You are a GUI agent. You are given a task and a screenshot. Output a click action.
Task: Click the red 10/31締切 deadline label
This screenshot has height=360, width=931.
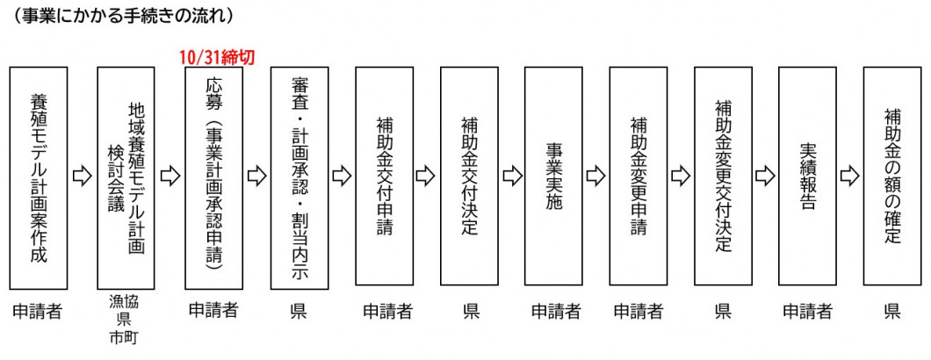pos(216,57)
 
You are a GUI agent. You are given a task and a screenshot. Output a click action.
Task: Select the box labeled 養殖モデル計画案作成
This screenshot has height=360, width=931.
pos(39,176)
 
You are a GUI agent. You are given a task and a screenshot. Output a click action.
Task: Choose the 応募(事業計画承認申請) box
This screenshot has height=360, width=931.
pos(214,176)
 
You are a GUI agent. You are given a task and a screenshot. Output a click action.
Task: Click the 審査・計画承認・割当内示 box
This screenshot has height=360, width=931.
pos(300,176)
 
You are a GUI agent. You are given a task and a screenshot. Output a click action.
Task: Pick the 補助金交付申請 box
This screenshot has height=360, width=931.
pos(385,176)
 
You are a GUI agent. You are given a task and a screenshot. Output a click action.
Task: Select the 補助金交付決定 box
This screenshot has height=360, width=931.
pos(469,176)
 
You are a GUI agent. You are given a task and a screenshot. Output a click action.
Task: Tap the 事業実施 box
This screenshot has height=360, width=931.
pos(553,176)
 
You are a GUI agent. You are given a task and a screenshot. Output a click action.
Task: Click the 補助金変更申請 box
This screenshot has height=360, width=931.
pos(639,176)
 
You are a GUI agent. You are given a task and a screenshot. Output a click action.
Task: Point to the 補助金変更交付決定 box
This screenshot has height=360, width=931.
pos(723,176)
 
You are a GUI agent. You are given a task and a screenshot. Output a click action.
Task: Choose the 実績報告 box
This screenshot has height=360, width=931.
pos(808,176)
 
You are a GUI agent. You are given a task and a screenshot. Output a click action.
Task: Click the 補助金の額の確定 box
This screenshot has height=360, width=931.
pos(892,176)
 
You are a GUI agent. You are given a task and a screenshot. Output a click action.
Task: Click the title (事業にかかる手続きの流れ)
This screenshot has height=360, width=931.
pos(118,15)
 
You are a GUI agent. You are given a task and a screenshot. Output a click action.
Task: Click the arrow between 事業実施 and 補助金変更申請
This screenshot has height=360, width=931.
pos(596,176)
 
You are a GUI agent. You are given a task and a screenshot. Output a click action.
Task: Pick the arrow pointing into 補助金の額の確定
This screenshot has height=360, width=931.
pos(850,176)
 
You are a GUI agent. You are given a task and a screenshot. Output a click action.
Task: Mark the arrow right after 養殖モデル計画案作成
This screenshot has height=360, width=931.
pos(82,176)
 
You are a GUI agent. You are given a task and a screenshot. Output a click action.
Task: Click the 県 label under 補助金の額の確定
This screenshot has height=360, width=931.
pos(892,311)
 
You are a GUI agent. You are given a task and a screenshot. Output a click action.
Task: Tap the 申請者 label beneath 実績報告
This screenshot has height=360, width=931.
pos(808,311)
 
